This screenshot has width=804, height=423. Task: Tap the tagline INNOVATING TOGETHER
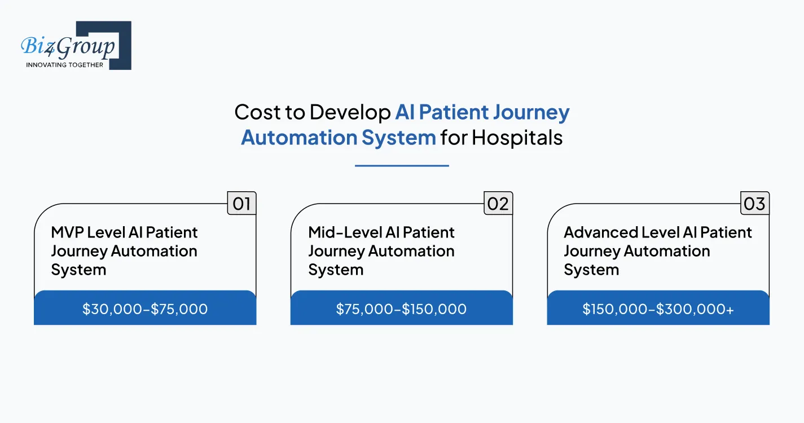point(65,65)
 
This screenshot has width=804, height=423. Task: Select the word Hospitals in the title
point(517,137)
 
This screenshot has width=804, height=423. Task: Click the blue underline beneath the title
point(402,166)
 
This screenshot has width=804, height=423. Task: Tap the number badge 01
point(241,203)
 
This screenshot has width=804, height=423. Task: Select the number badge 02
point(498,203)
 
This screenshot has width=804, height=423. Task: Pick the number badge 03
point(754,203)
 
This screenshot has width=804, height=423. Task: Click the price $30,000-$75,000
point(145,309)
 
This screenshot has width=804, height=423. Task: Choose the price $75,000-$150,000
point(401,309)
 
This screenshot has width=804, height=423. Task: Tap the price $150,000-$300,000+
point(658,309)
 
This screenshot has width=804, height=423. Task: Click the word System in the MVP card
point(78,270)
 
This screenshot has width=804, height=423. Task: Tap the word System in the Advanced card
point(591,270)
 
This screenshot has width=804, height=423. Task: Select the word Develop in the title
point(350,112)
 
